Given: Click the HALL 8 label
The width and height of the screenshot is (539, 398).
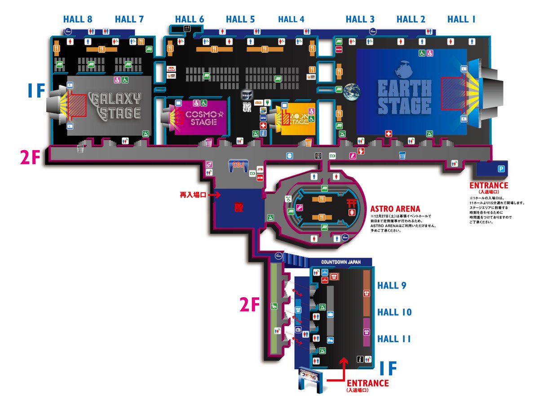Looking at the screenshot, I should [78, 19].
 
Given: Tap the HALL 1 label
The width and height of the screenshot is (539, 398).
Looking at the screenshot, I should [461, 19].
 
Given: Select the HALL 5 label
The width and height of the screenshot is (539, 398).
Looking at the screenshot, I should [240, 19].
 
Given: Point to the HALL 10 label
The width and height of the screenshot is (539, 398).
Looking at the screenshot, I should [394, 312].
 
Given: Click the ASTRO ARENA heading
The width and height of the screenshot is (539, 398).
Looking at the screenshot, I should [395, 209].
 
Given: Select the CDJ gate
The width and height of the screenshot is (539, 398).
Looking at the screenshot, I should [239, 166].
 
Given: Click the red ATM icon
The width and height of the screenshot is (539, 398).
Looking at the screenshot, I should [260, 177].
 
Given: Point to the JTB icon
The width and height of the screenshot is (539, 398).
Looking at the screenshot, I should [259, 170].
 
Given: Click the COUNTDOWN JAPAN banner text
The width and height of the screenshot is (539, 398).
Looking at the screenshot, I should [341, 262].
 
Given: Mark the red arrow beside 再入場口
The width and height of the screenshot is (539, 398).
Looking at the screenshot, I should [215, 195].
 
